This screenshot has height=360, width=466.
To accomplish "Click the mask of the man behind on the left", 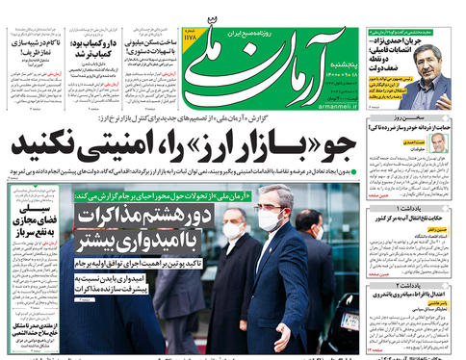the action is click(x=233, y=231).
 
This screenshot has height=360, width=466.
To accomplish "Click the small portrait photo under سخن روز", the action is click(x=439, y=142).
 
